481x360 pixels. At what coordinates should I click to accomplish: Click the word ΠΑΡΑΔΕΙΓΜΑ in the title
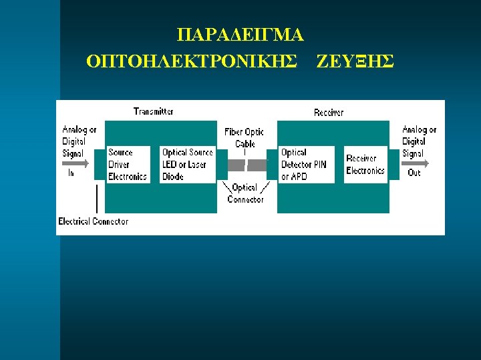(240, 34)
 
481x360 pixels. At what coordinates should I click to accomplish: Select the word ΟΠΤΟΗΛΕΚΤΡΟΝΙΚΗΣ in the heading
(192, 61)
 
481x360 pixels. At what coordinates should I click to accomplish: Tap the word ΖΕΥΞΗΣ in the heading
(355, 61)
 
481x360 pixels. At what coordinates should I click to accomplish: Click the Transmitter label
(154, 111)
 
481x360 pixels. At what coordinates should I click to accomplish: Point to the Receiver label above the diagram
(329, 112)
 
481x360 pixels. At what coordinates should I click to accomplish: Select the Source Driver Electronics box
(128, 165)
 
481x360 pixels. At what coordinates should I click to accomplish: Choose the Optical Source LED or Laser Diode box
(188, 165)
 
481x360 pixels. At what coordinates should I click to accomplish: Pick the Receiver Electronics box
(365, 165)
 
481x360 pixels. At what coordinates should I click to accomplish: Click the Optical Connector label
(245, 193)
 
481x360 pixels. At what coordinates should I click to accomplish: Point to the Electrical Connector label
(93, 221)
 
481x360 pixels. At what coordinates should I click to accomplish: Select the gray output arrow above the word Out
(416, 163)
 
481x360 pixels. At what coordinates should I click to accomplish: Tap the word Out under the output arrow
(414, 173)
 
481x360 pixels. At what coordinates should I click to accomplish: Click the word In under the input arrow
(71, 173)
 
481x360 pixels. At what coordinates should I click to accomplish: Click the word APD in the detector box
(299, 177)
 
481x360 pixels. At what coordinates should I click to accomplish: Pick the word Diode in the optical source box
(173, 177)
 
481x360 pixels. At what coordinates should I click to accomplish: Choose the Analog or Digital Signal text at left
(79, 141)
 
